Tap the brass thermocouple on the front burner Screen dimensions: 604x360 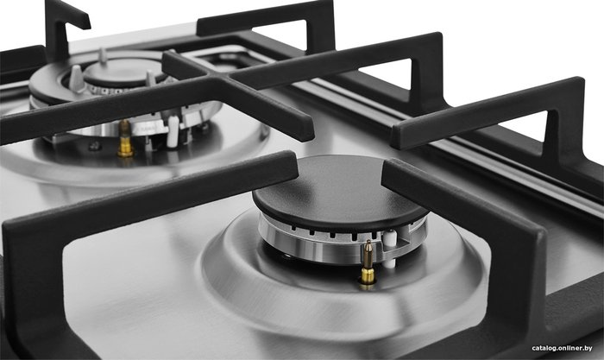[368, 262]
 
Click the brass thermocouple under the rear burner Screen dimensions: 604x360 [125, 139]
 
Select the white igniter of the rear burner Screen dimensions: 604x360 [173, 131]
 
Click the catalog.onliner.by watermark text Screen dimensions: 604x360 [562, 349]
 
